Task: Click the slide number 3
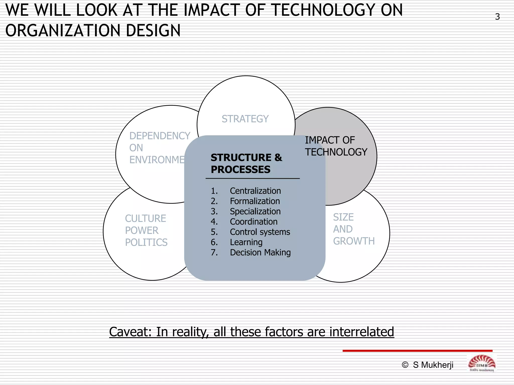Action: pos(497,17)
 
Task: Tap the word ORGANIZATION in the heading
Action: pos(63,31)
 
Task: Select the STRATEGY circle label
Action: pos(245,119)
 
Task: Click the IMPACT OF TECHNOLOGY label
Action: pos(336,146)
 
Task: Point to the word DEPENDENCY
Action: pos(160,136)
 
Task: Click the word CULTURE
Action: pos(145,219)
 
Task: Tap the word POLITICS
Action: pos(146,242)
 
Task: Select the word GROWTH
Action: pos(354,241)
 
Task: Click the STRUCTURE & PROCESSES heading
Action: pos(246,163)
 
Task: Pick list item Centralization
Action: pos(255,191)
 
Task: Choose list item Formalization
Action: pos(254,201)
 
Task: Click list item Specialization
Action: pos(255,212)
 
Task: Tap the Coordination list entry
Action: pos(253,222)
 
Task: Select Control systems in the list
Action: pos(260,232)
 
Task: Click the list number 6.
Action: pos(214,242)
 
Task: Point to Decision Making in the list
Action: pos(260,253)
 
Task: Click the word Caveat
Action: pos(130,332)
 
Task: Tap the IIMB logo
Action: pos(481,364)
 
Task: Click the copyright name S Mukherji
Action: pos(433,365)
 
